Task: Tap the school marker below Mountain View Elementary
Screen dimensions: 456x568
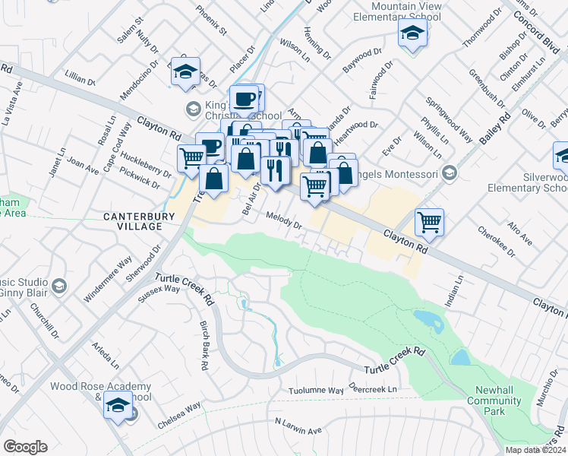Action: [x=412, y=33]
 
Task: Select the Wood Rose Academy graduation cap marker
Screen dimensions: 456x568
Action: [x=118, y=407]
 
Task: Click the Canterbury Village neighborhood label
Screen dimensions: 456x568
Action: [x=134, y=222]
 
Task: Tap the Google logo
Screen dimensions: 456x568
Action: [x=25, y=447]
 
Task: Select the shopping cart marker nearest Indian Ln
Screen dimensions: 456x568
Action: [x=430, y=223]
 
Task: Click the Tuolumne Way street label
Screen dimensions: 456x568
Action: [x=316, y=391]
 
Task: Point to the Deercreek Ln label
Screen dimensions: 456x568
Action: [x=373, y=389]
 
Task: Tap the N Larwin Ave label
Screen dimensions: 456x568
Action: [x=298, y=426]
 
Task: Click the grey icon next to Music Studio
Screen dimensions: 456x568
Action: [x=59, y=286]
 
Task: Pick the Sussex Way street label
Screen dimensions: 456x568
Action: [x=160, y=289]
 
